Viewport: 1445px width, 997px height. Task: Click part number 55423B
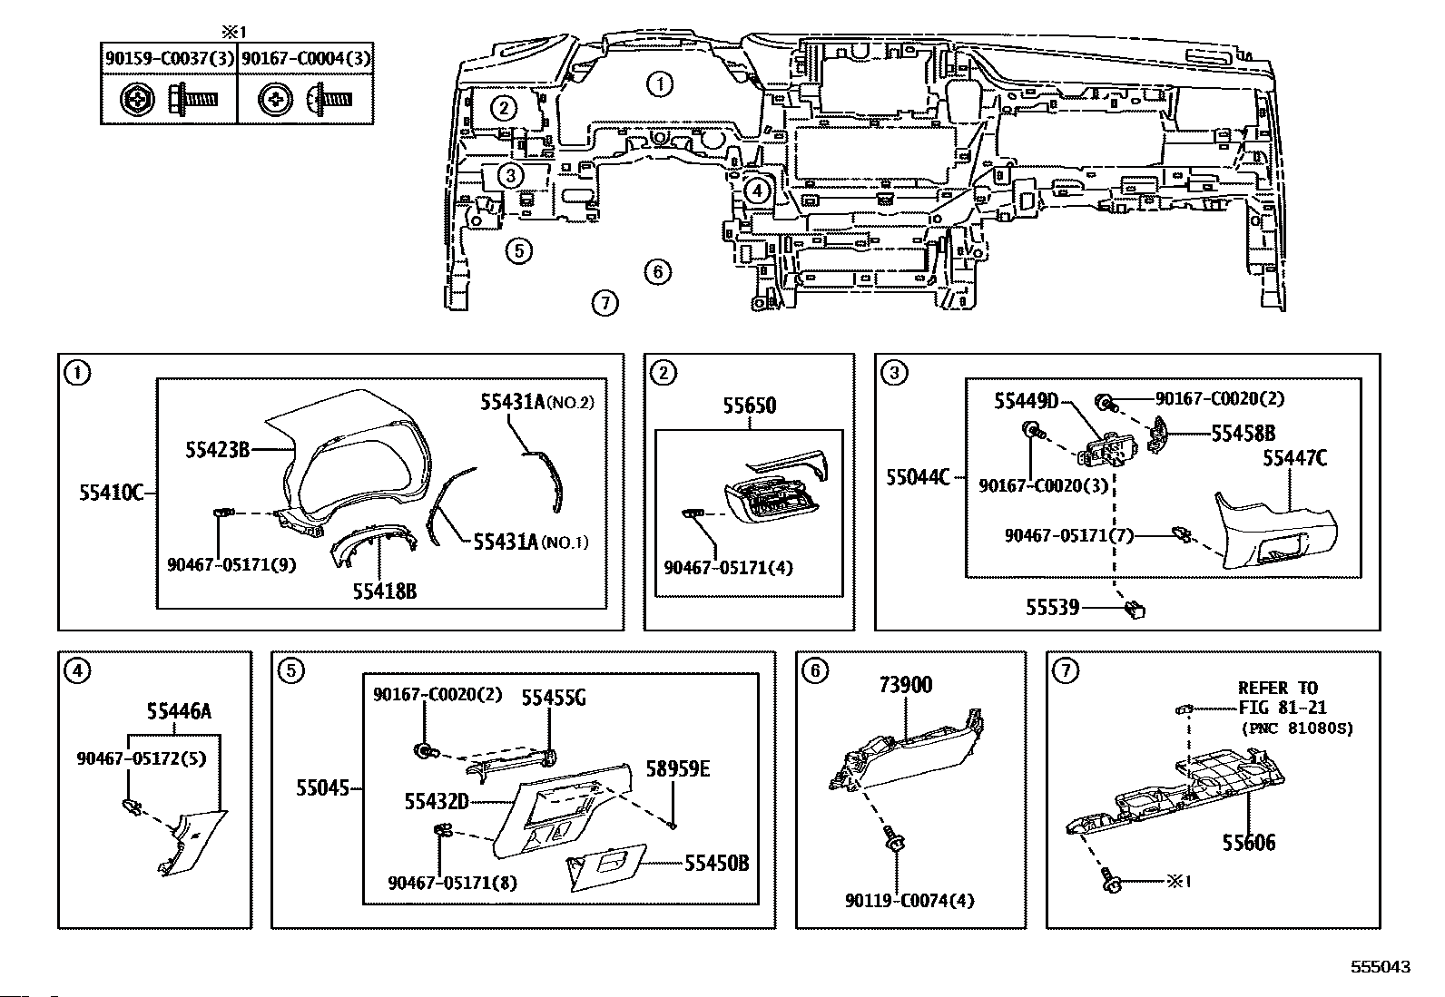(x=217, y=447)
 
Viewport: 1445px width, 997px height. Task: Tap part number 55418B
(x=385, y=591)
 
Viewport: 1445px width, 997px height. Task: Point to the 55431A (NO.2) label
(x=536, y=402)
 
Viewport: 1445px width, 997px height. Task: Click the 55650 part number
(x=750, y=406)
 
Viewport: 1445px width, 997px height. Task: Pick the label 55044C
(x=918, y=475)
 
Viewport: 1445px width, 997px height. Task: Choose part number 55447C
(x=1294, y=459)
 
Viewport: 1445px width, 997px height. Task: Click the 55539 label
(x=1053, y=607)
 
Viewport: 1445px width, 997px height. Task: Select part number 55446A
(x=180, y=711)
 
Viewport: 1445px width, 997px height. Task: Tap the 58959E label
(x=677, y=769)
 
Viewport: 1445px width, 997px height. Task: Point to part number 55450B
(x=716, y=864)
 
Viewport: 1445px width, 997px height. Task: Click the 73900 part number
(x=905, y=686)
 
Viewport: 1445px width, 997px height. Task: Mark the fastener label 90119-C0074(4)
(x=897, y=901)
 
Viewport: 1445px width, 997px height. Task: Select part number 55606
(x=1248, y=843)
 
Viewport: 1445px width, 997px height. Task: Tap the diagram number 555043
(x=1380, y=968)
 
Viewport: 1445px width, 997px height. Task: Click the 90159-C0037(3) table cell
(x=169, y=58)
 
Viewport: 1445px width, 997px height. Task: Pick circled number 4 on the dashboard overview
(x=758, y=191)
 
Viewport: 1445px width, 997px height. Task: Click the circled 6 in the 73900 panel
(x=814, y=670)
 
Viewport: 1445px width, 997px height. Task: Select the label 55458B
(x=1243, y=434)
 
